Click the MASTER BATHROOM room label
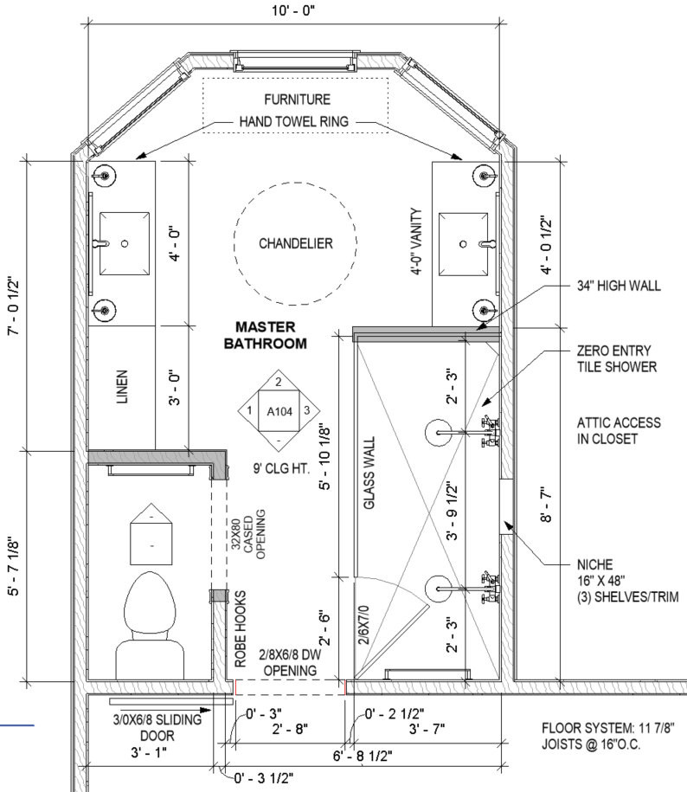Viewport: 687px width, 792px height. pos(265,335)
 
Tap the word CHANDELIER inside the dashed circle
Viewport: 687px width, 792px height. pos(296,243)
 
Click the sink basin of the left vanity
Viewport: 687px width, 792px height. pos(125,243)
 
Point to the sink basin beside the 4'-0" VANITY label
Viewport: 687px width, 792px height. pos(464,244)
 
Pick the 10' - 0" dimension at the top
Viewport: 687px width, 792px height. pos(293,10)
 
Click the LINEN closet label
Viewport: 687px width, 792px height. pos(122,387)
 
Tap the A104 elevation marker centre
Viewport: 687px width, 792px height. pos(279,412)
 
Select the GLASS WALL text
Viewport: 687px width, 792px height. pos(369,473)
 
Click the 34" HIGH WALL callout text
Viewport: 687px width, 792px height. pos(619,286)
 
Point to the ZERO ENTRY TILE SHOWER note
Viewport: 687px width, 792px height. pos(616,358)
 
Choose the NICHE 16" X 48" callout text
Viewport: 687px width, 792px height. pos(627,581)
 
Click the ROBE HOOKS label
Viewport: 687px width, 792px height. pos(241,629)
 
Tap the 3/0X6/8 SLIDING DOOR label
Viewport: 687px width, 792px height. pos(157,727)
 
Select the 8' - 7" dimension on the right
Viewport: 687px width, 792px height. pos(546,505)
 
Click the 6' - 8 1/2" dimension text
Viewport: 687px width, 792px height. pos(363,757)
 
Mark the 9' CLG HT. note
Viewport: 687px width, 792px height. pos(281,468)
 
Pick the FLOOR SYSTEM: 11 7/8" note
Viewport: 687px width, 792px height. pos(607,728)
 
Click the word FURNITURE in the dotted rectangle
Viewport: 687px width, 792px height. pos(298,99)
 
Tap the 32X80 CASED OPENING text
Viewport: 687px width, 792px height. pos(247,534)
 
